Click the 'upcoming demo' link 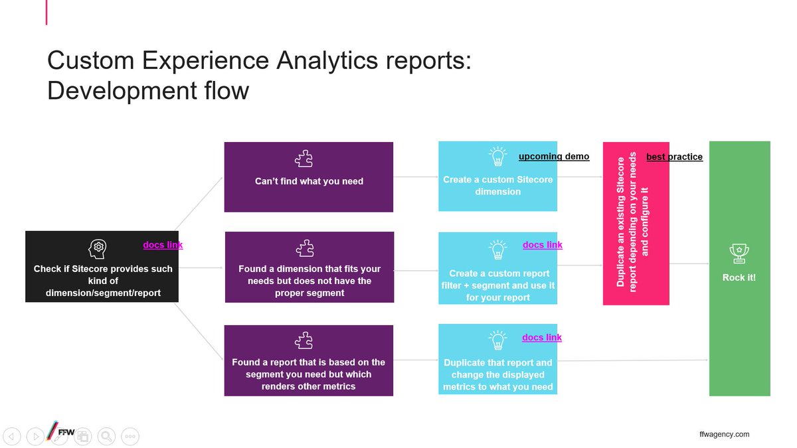(x=553, y=157)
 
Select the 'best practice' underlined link (x=674, y=157)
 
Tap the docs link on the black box (x=163, y=245)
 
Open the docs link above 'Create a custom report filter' (x=542, y=245)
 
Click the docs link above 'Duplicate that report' (x=542, y=338)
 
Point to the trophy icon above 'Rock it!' (x=739, y=253)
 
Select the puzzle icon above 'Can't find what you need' (x=304, y=159)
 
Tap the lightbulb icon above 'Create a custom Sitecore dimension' (x=497, y=157)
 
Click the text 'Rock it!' (x=739, y=277)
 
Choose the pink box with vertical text (x=636, y=223)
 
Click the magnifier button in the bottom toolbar (x=106, y=436)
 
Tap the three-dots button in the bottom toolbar (x=130, y=436)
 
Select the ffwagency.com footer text (x=724, y=434)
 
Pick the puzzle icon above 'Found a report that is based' (x=304, y=341)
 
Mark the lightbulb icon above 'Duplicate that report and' (x=497, y=340)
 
